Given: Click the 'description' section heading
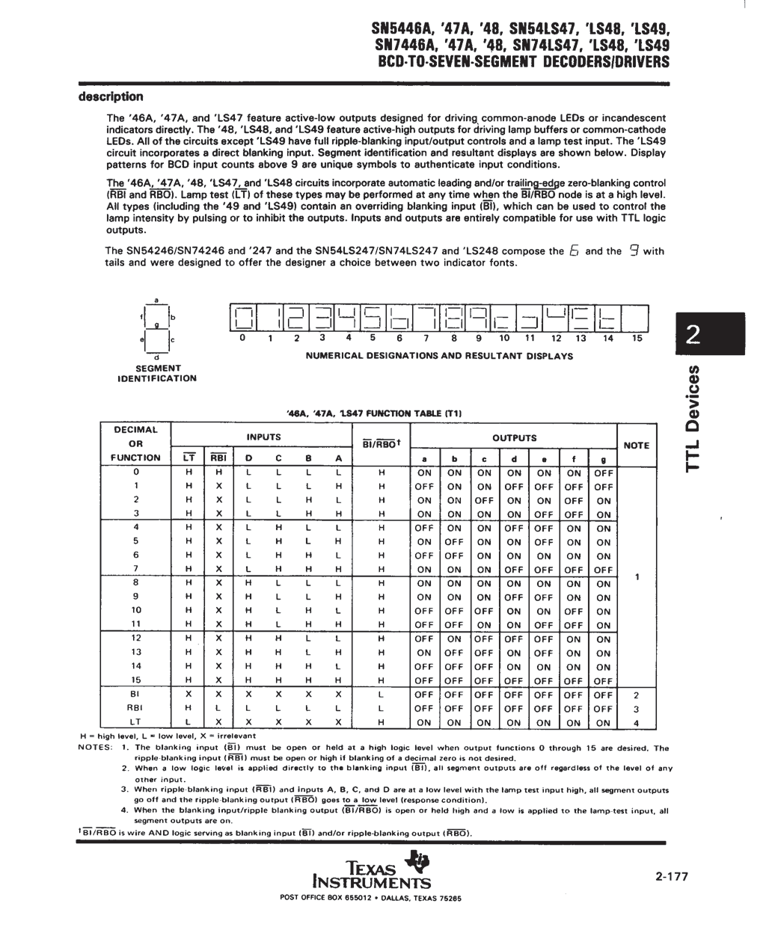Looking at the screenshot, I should click(111, 96).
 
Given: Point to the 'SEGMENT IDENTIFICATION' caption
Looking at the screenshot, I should click(157, 373).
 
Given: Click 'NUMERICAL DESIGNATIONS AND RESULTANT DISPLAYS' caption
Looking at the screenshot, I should click(439, 356).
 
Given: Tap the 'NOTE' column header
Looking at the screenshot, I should click(636, 445).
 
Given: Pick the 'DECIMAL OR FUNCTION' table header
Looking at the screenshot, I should click(136, 443).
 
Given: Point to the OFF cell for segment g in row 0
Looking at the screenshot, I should click(603, 472).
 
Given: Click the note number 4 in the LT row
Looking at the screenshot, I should click(636, 723).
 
